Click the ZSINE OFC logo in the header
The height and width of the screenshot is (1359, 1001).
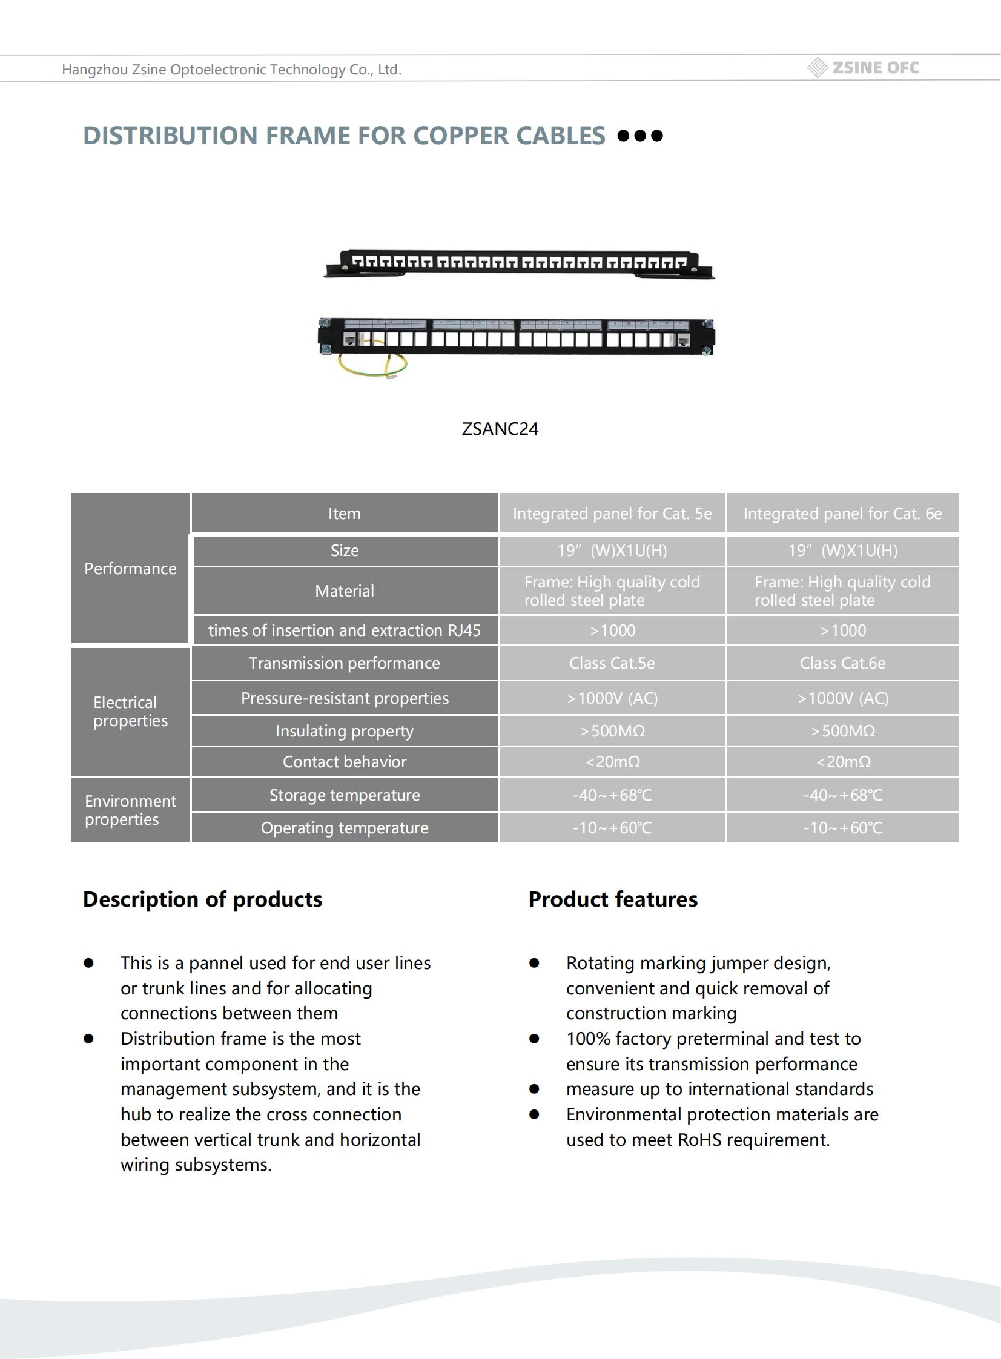point(864,68)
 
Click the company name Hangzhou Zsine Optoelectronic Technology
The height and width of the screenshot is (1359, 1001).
point(231,70)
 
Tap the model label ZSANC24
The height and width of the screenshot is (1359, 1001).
point(500,429)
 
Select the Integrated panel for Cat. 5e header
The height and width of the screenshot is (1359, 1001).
point(612,514)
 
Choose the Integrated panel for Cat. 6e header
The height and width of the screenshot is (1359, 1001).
point(842,514)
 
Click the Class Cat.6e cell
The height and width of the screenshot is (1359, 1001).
point(842,663)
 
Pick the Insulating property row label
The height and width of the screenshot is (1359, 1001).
point(344,732)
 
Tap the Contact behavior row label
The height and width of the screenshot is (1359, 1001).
point(344,762)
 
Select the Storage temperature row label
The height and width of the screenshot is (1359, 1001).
point(344,796)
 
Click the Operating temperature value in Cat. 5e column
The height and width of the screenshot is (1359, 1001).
point(612,828)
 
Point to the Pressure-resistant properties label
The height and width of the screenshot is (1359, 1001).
point(344,699)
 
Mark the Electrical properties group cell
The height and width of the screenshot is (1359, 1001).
point(130,712)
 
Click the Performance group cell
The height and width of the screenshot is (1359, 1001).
point(130,569)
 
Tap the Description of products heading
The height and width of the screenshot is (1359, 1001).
point(202,900)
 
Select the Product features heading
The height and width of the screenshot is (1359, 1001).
point(613,900)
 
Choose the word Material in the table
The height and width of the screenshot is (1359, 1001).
point(344,591)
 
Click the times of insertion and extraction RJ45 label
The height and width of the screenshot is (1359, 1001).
point(344,630)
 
